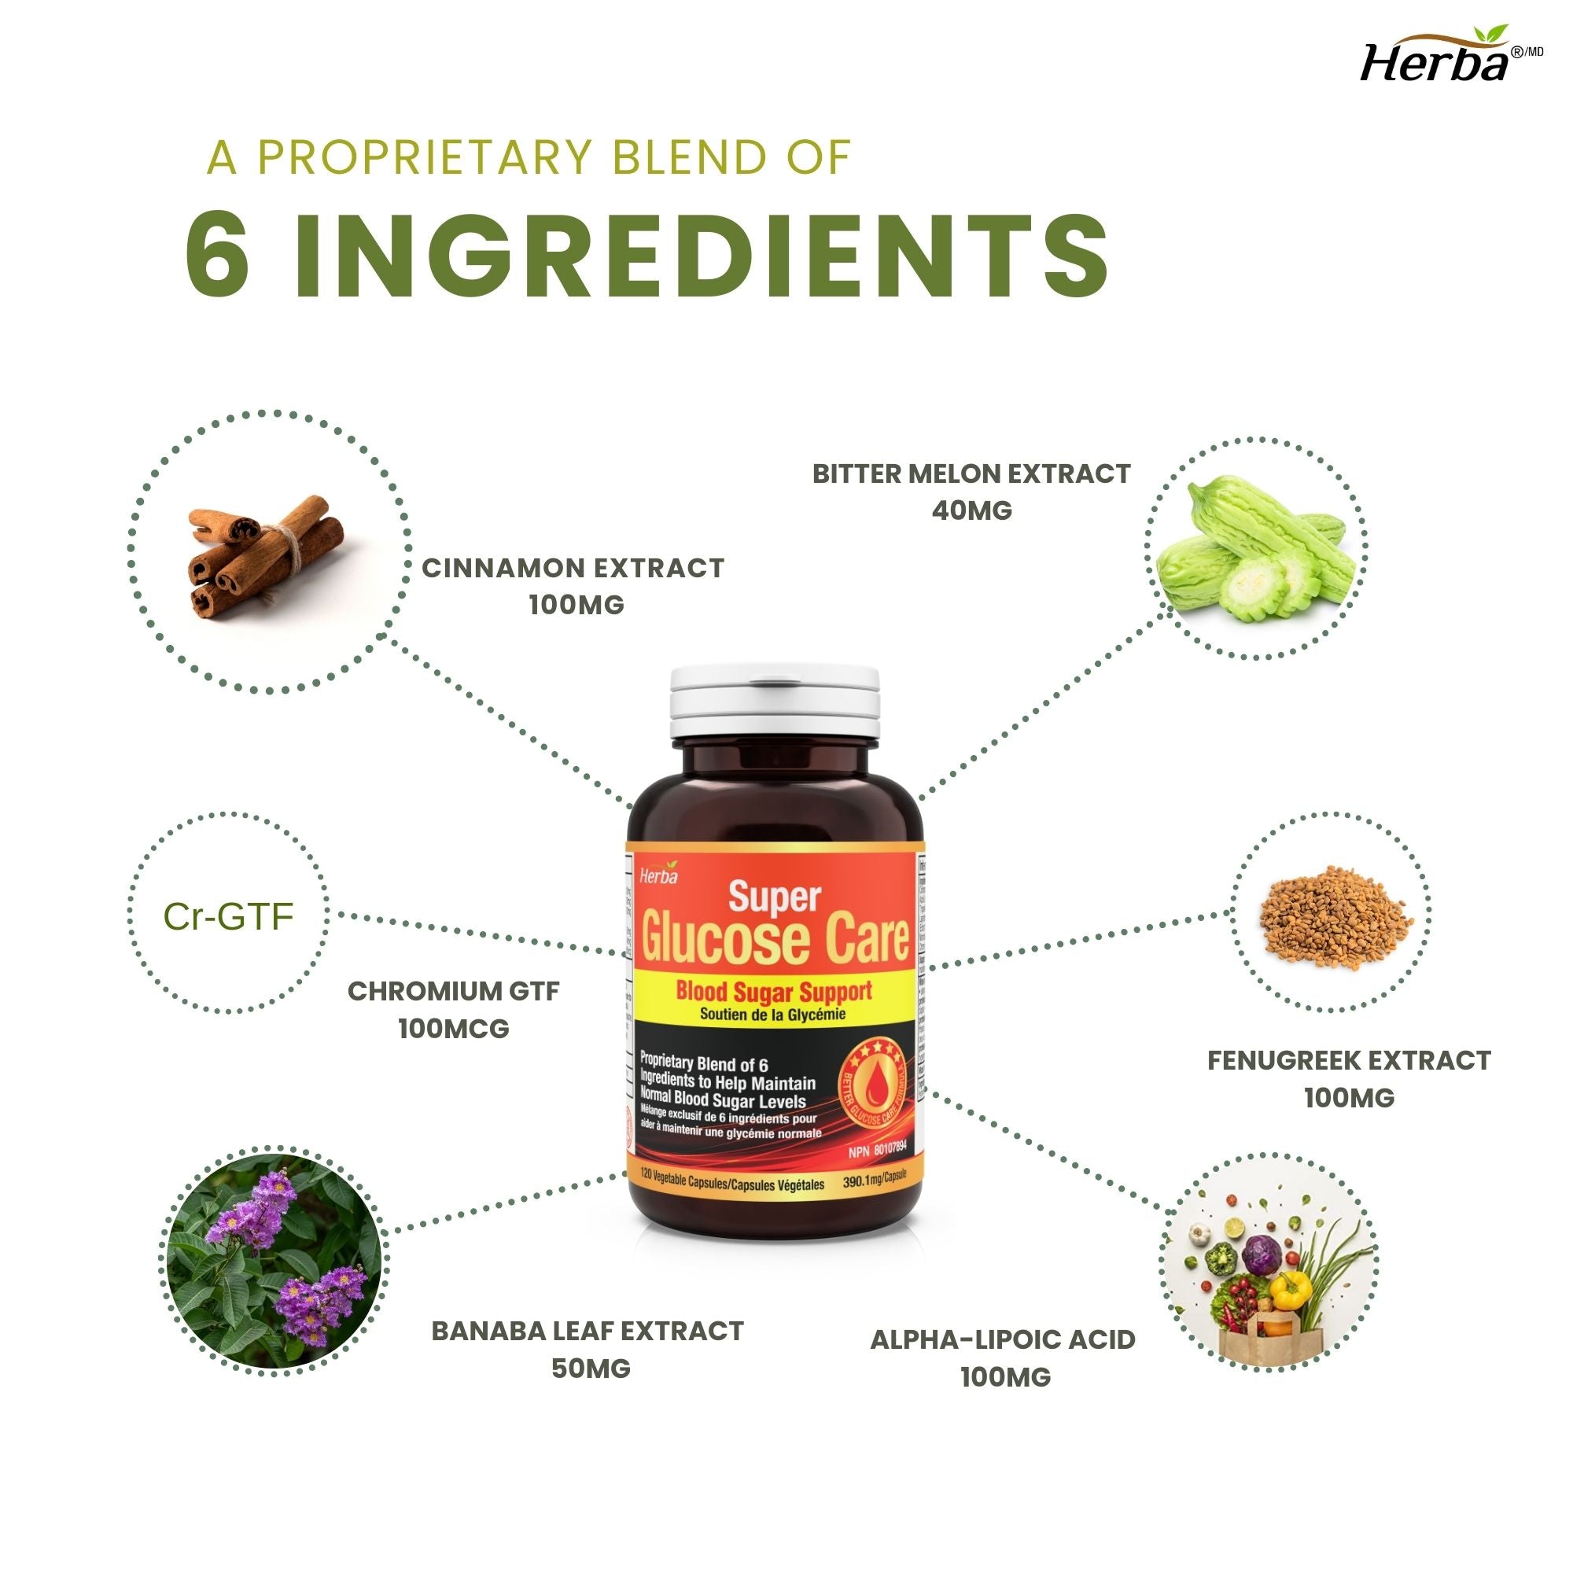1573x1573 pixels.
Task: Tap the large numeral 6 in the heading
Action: (x=217, y=255)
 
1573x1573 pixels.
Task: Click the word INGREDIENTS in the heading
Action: (x=700, y=255)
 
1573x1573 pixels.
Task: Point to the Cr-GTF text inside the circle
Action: (x=228, y=917)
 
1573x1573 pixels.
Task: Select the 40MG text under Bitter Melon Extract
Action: (x=971, y=510)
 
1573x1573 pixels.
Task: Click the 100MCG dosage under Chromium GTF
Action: (x=454, y=1028)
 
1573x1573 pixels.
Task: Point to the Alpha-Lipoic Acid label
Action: (x=1002, y=1339)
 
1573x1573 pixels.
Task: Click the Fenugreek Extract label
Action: (x=1349, y=1060)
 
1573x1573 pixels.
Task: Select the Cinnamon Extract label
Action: (x=573, y=568)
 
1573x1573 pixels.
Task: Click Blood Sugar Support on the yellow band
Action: (x=773, y=991)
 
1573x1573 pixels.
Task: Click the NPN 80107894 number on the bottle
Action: (x=877, y=1153)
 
